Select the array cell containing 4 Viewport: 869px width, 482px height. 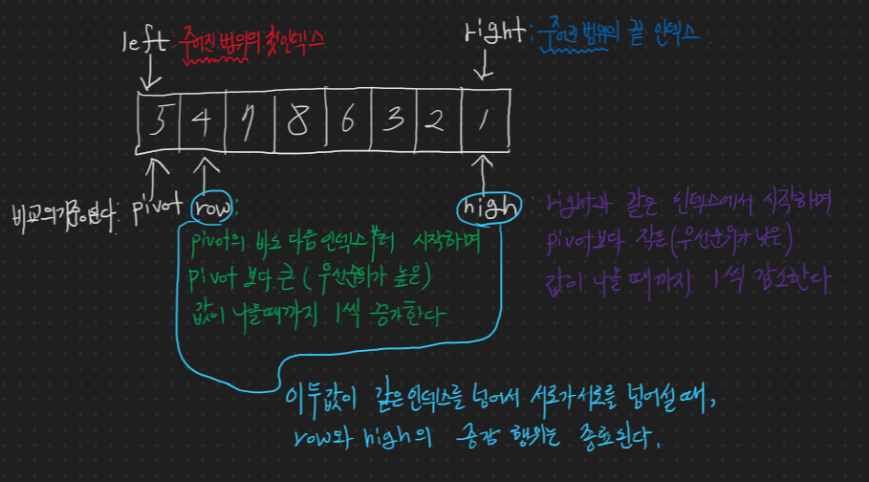pos(201,120)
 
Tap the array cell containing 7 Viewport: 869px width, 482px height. pos(248,120)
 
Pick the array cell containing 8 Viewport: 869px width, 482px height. pos(297,120)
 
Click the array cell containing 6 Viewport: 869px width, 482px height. pos(346,120)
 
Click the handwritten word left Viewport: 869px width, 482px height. pos(144,41)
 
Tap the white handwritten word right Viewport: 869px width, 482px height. pos(492,35)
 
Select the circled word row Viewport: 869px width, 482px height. pos(209,208)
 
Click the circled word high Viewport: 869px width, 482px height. pos(488,207)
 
